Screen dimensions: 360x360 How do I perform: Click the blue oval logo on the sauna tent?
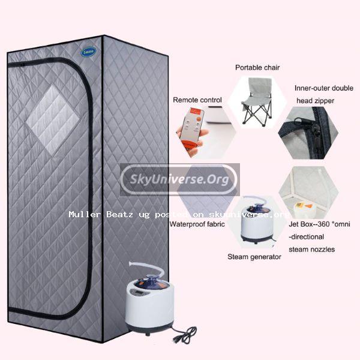tap(88, 52)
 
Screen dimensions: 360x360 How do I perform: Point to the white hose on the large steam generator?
tap(147, 268)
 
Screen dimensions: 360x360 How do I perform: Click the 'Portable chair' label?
tap(257, 67)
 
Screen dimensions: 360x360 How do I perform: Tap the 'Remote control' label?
tap(197, 100)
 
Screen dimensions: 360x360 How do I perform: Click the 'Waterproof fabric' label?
tap(197, 224)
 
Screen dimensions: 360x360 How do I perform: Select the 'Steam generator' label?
tap(254, 257)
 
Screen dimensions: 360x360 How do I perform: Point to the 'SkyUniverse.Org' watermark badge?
tap(180, 179)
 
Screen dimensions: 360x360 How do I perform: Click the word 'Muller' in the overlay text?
tap(85, 214)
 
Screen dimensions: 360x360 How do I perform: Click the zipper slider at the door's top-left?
tap(23, 65)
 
